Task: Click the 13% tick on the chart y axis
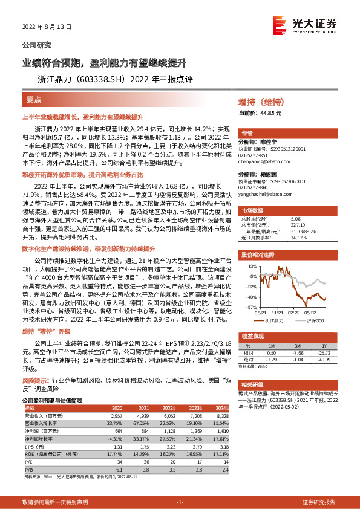[x=252, y=265]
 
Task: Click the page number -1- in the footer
[x=179, y=503]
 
